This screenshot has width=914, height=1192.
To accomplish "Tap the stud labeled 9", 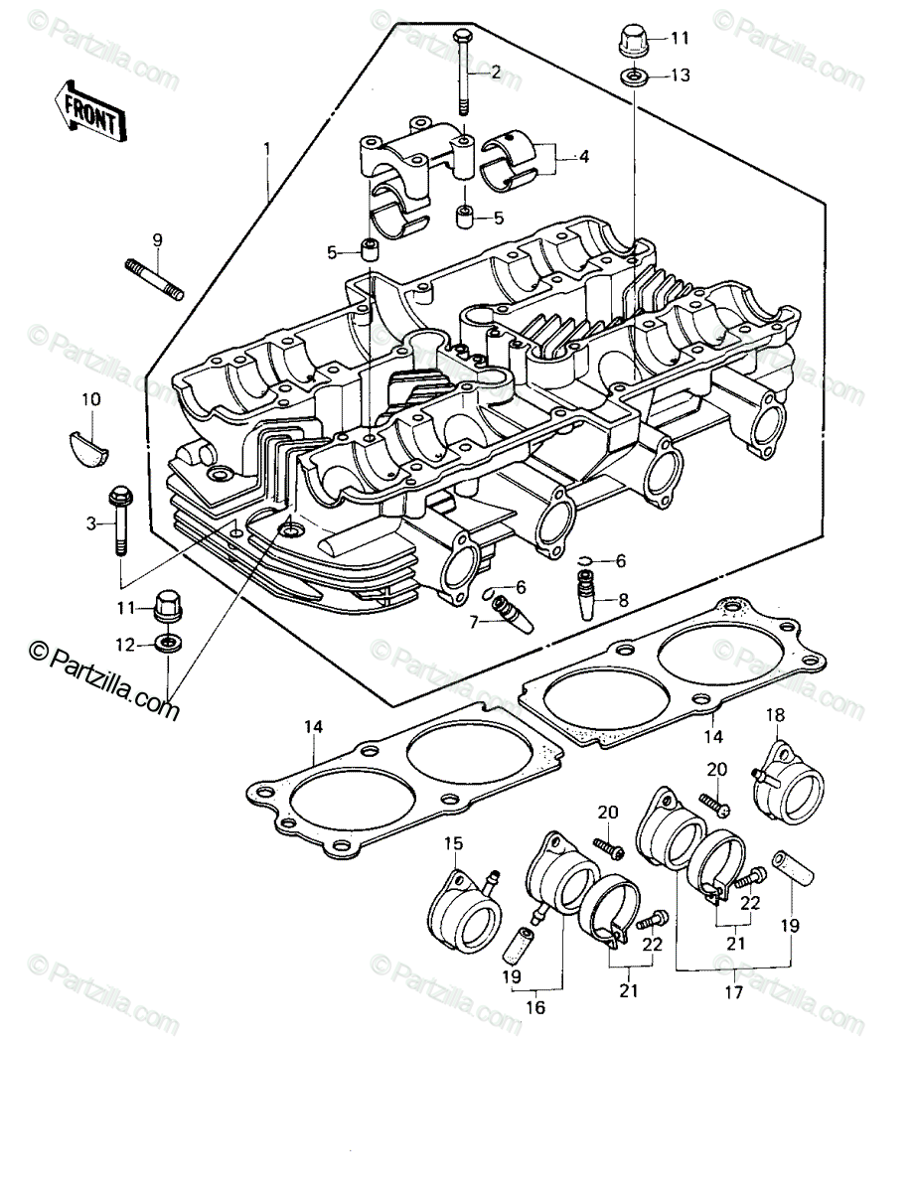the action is pyautogui.click(x=155, y=280).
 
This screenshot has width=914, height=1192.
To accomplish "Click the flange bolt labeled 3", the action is pyautogui.click(x=119, y=521).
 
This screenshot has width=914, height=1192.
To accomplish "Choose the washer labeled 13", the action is pyautogui.click(x=633, y=75).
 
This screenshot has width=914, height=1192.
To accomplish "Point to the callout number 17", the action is pyautogui.click(x=733, y=991).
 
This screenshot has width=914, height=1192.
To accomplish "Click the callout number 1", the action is pyautogui.click(x=267, y=149).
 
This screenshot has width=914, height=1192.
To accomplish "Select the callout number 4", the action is pyautogui.click(x=584, y=157).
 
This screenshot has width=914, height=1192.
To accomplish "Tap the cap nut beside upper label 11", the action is pyautogui.click(x=634, y=39).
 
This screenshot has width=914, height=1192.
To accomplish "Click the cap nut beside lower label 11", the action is pyautogui.click(x=169, y=607).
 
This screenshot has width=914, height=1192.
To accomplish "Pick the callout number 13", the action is pyautogui.click(x=681, y=75).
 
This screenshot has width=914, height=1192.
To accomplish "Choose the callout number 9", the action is pyautogui.click(x=157, y=240).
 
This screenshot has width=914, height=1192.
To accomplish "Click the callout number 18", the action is pyautogui.click(x=776, y=715).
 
